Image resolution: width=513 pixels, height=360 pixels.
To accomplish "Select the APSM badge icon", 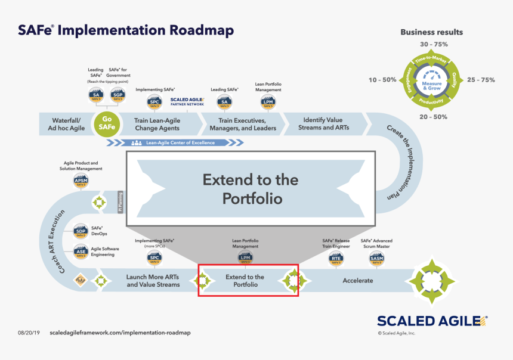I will tap(81, 181).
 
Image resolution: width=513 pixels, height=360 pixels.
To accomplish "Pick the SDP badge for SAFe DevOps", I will tap(81, 232).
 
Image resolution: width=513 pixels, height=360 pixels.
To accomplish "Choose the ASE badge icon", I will tap(81, 251).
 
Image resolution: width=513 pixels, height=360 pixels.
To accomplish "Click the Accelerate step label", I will tap(357, 281).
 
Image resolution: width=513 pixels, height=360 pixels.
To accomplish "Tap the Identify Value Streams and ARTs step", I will tap(323, 123).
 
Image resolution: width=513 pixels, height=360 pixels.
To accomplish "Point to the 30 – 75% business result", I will tap(434, 45).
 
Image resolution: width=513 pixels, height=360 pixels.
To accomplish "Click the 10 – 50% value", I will tap(382, 80).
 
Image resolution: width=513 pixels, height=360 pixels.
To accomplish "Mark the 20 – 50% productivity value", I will tap(433, 117).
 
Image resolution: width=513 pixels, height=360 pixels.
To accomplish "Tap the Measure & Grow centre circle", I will tap(434, 80).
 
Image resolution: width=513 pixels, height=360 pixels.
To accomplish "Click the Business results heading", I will tap(431, 32).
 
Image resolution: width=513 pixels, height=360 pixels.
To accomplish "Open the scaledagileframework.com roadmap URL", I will tap(120, 333).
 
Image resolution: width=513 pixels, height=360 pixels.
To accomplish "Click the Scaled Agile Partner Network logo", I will tap(187, 101).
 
